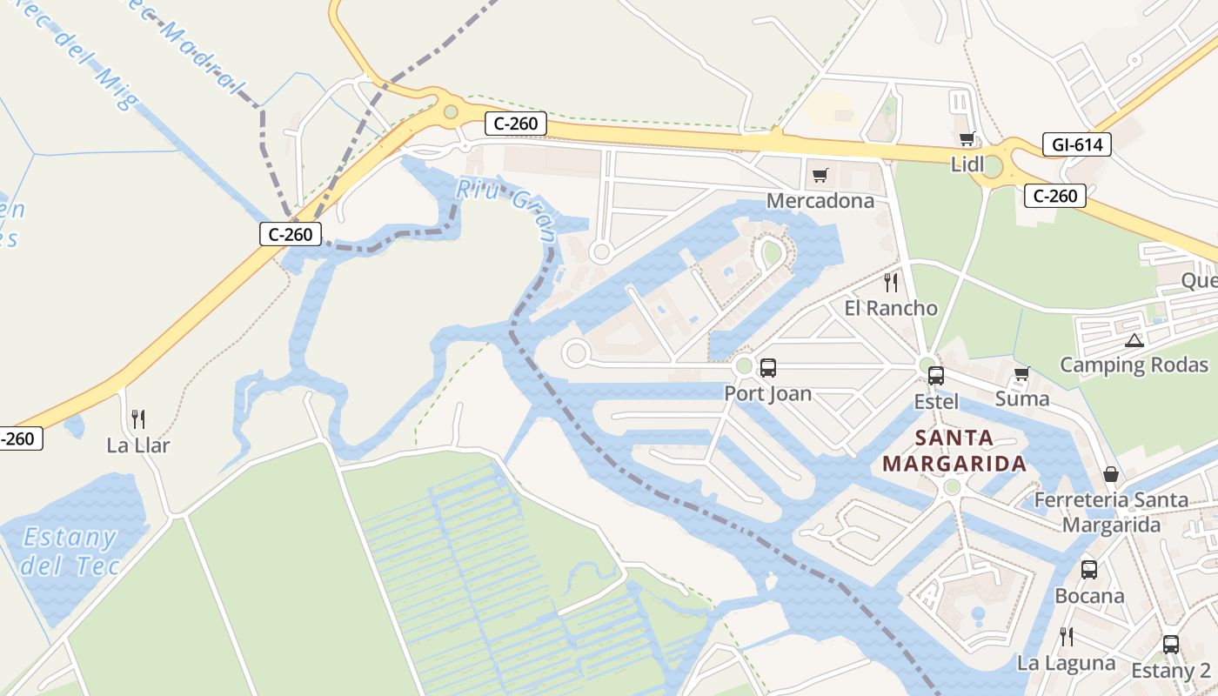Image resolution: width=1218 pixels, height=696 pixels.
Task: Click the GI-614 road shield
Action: (1076, 145)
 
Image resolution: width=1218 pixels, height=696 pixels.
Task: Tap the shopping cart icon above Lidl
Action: (967, 139)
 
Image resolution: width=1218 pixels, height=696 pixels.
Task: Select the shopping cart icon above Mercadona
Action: (820, 176)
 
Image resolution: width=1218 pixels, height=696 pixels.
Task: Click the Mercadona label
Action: (820, 201)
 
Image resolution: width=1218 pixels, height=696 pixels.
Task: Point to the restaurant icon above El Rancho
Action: (890, 282)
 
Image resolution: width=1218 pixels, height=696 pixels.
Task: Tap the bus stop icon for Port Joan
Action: (767, 368)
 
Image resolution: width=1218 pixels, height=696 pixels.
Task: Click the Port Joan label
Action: (767, 394)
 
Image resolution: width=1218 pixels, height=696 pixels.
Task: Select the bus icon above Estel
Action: (935, 376)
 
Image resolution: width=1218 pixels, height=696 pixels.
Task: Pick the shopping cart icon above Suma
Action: (1021, 374)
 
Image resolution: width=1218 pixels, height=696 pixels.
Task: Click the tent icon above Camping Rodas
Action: (1133, 340)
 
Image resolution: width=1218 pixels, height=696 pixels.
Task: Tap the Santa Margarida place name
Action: (954, 451)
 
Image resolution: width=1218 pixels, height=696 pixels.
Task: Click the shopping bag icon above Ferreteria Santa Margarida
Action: (1111, 474)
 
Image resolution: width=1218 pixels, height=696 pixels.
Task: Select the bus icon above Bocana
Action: (1088, 570)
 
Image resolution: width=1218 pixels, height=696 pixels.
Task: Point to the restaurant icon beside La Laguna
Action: (1066, 637)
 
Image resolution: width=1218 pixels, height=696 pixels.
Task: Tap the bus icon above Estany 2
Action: (1171, 645)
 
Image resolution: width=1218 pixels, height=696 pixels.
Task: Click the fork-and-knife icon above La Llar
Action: (137, 419)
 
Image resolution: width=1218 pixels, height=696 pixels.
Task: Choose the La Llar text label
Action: (137, 445)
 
